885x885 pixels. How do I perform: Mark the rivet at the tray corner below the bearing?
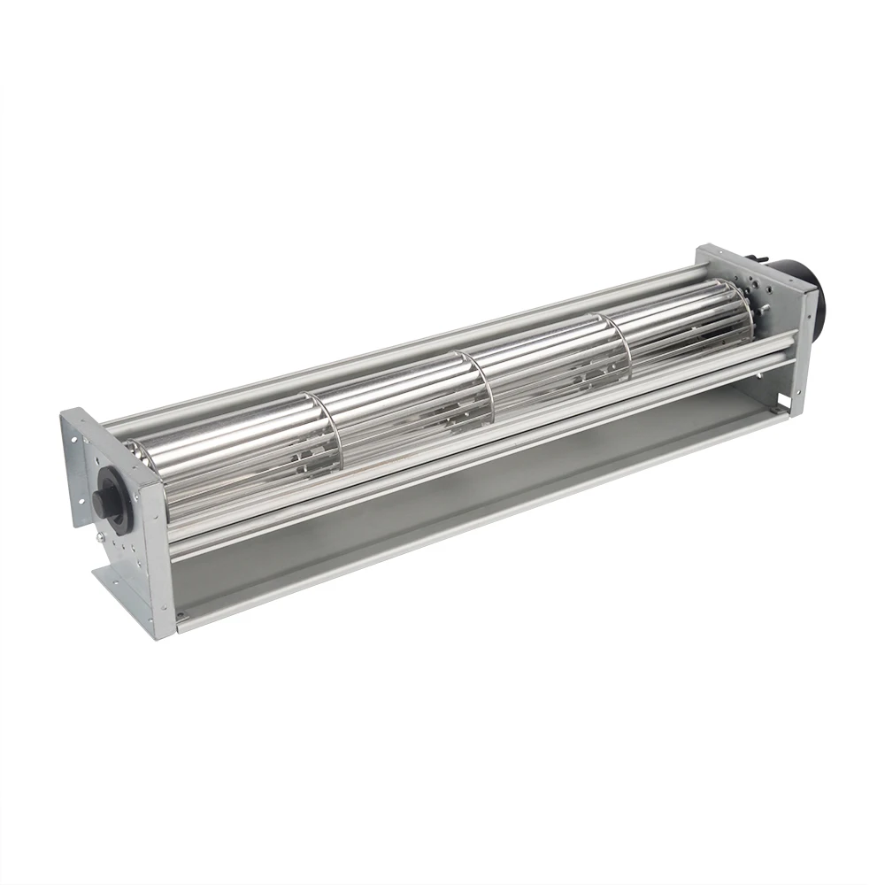coord(178,616)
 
